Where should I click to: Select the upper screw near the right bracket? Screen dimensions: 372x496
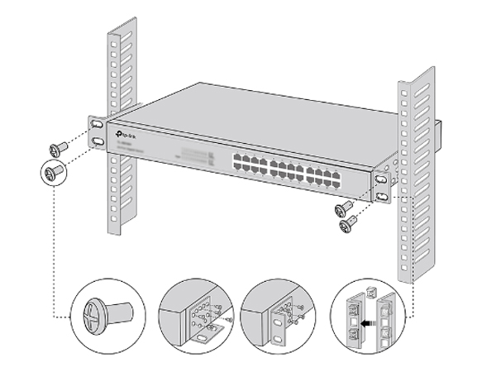coord(343,207)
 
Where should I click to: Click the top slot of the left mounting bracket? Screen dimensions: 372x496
coord(98,125)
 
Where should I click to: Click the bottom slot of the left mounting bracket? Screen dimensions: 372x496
coord(98,142)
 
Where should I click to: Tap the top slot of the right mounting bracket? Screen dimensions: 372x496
coord(382,179)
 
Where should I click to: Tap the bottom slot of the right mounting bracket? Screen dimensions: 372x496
coord(382,196)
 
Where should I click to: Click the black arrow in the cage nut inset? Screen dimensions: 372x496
coord(374,315)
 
